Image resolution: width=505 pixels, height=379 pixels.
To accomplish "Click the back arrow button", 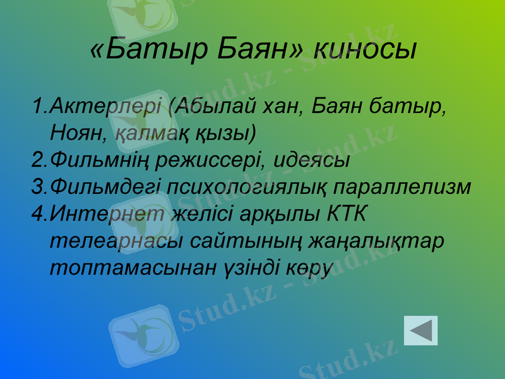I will [420, 330].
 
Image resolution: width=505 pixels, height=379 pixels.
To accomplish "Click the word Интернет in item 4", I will [108, 214].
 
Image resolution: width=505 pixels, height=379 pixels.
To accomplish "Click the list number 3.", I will [37, 186].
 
